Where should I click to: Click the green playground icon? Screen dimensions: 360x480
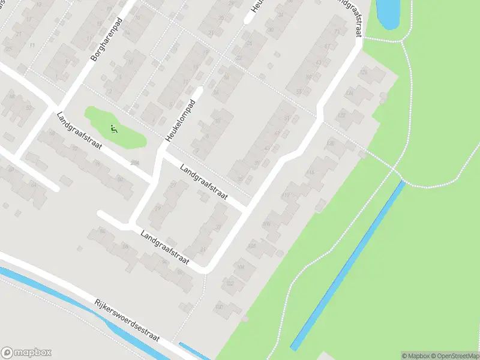point(114,128)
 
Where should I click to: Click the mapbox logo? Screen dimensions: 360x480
point(26,353)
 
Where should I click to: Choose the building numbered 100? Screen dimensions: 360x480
point(220,307)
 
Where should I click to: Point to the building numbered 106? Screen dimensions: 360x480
point(253,246)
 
